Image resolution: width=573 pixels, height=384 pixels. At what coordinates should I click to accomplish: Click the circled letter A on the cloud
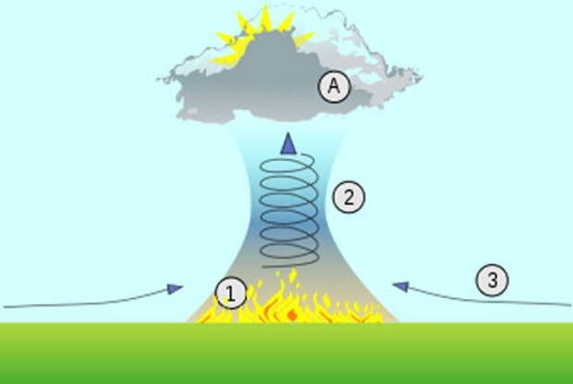click(334, 88)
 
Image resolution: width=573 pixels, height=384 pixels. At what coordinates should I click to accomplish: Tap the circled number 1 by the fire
click(231, 294)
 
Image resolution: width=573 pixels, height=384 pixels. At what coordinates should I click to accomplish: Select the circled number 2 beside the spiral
click(348, 196)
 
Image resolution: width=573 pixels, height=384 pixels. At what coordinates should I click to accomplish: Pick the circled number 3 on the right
click(493, 280)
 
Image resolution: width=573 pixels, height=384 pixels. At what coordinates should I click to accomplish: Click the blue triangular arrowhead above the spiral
click(289, 142)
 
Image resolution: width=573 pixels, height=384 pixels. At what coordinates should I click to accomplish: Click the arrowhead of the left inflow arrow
click(176, 289)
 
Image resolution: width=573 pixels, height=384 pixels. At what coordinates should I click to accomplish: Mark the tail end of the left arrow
click(6, 304)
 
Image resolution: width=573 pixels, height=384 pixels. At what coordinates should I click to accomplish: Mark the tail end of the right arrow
click(567, 303)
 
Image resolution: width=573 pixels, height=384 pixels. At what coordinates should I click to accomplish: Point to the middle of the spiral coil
click(289, 208)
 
